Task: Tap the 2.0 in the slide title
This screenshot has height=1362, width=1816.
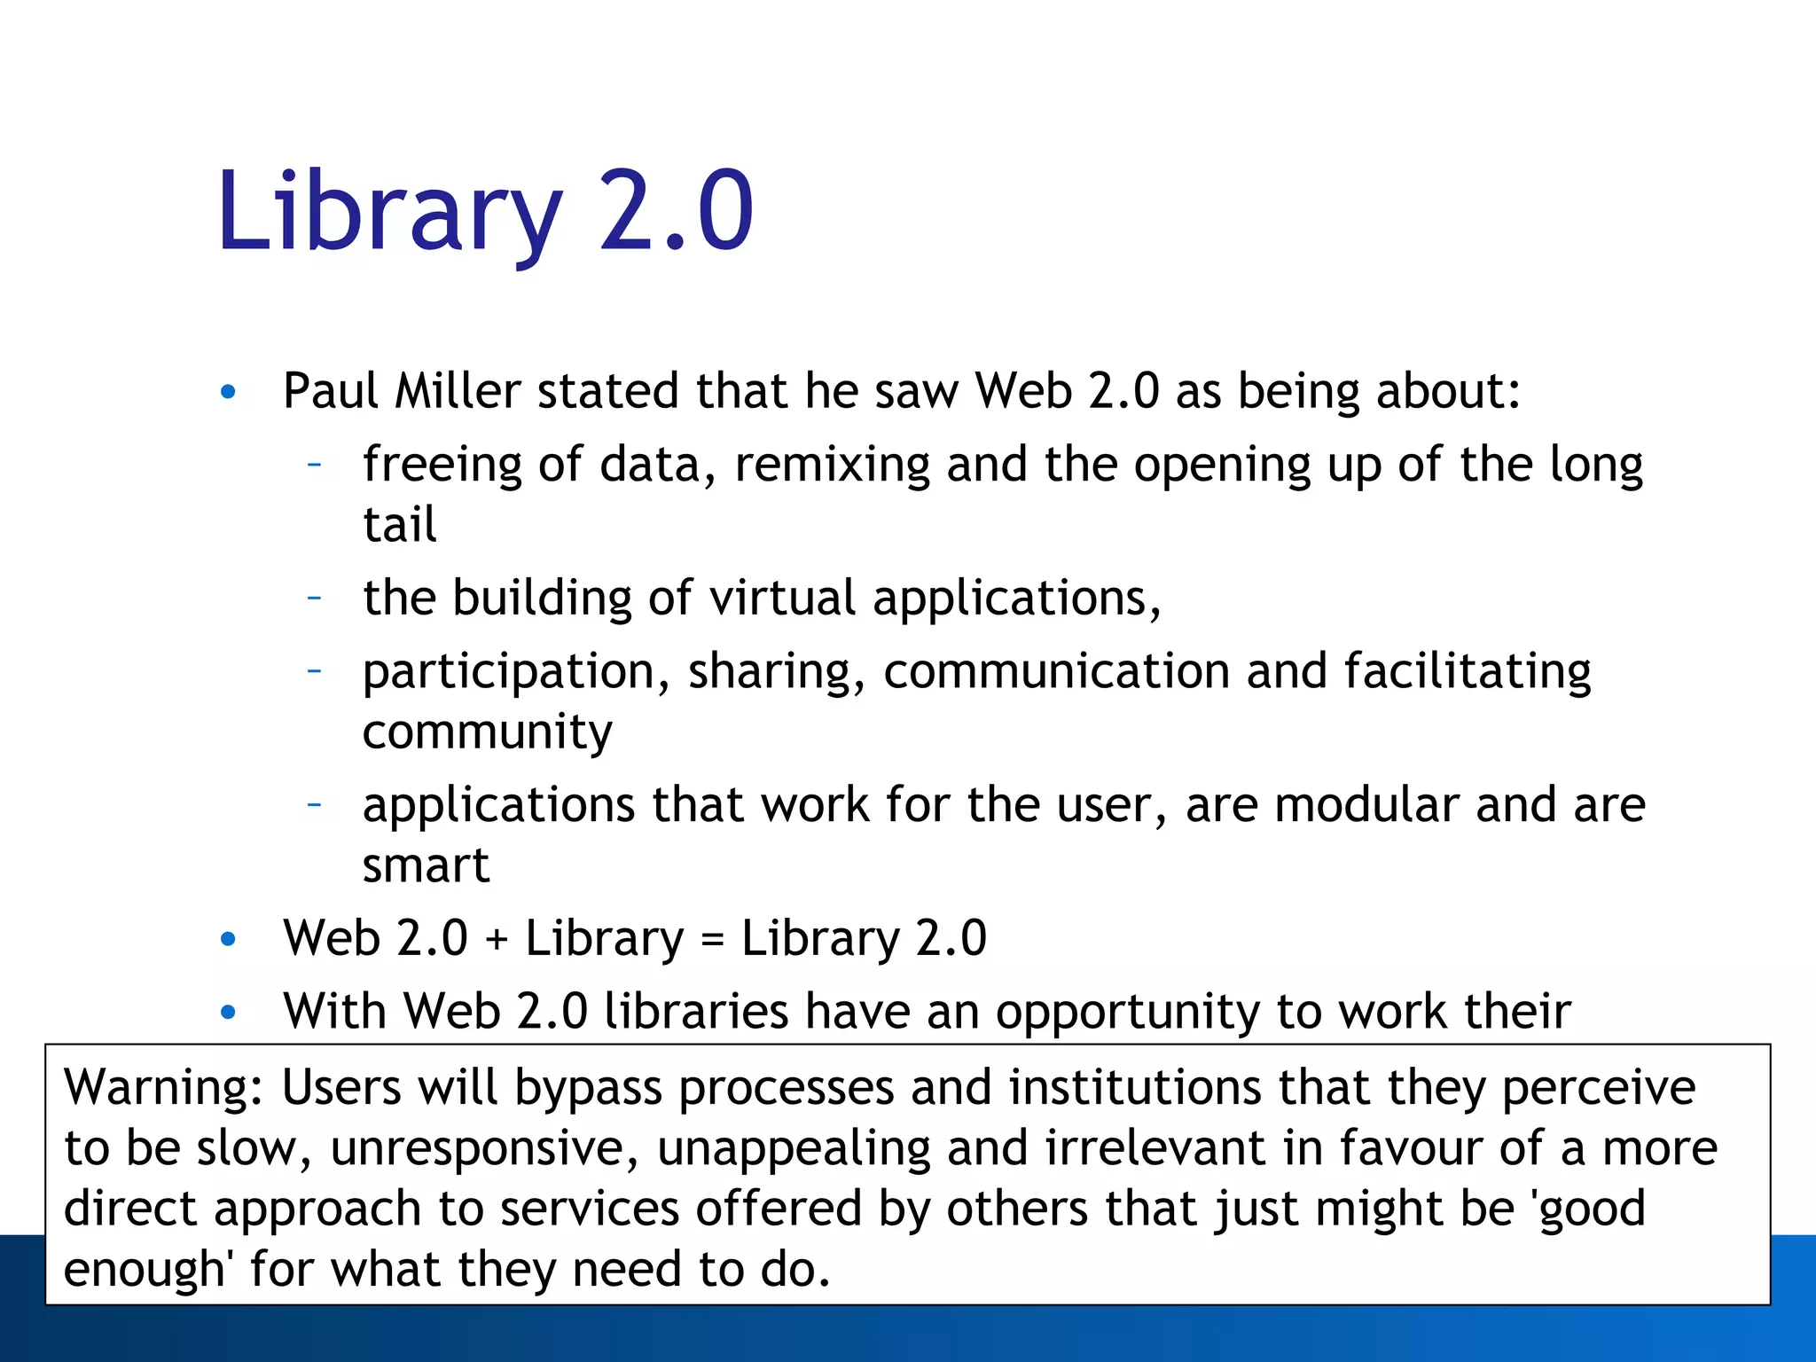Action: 676,213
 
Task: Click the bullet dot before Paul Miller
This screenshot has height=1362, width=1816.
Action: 228,392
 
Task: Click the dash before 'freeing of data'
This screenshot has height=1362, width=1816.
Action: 314,464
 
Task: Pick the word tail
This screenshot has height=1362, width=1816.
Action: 400,525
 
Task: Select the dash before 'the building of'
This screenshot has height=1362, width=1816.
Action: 314,598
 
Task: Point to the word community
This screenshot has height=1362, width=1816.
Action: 487,732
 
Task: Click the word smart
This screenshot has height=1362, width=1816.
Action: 426,865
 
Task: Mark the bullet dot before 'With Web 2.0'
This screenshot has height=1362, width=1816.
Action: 228,1013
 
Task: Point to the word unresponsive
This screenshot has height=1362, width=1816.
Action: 484,1149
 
